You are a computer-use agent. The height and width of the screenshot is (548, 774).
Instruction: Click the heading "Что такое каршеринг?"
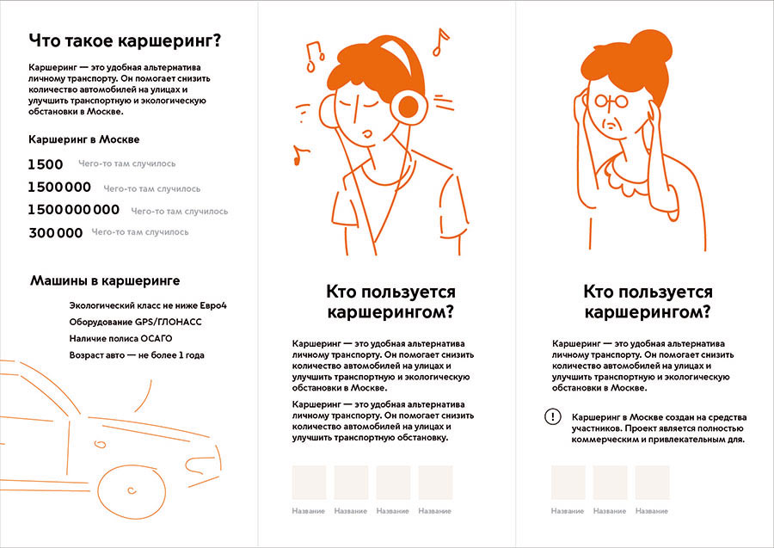[126, 40]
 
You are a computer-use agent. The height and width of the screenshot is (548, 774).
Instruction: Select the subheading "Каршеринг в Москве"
[84, 139]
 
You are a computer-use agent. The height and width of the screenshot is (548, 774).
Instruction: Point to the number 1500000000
[74, 210]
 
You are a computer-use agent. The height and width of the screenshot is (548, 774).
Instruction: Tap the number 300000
[56, 232]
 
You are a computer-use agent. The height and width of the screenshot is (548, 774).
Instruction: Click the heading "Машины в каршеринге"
[105, 280]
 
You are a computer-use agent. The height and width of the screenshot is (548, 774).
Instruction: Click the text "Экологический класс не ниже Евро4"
[153, 305]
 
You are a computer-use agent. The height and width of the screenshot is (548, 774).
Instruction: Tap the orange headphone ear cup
[409, 106]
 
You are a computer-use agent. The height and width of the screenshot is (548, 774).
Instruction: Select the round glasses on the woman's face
[611, 102]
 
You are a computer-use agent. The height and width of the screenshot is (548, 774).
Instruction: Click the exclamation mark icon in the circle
[551, 416]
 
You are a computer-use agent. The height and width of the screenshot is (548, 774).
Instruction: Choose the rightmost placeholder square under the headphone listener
[435, 483]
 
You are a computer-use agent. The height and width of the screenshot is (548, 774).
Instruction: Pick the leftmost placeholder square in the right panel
[568, 483]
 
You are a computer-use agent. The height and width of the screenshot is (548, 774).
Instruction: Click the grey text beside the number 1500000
[151, 188]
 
